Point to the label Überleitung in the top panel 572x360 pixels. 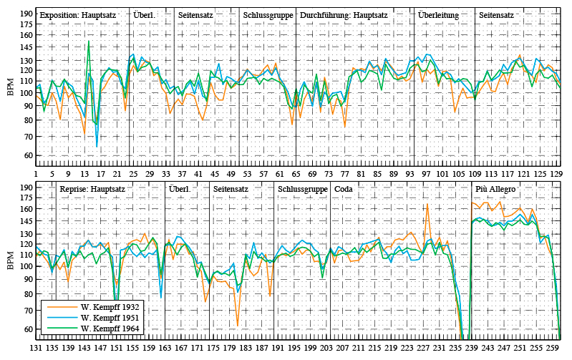[x=438, y=14]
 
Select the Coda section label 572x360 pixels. [x=344, y=189]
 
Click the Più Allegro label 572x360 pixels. [x=495, y=189]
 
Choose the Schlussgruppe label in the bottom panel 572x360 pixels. [x=303, y=189]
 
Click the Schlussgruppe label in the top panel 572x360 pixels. [x=266, y=14]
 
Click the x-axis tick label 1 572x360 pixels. [x=37, y=173]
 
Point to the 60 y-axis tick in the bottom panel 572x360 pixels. [x=26, y=330]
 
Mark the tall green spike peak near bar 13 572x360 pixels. [x=89, y=42]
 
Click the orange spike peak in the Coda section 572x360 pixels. [x=427, y=203]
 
